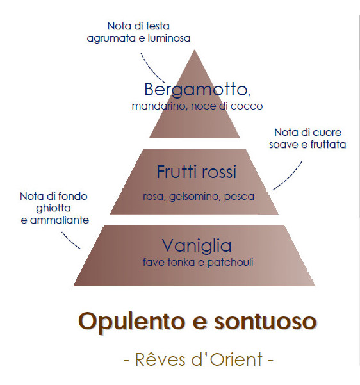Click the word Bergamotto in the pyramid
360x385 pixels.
tap(196, 90)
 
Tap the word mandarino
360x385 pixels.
tap(158, 106)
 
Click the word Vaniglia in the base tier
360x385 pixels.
tap(197, 245)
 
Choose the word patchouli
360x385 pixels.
tap(230, 262)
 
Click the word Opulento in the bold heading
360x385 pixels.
tap(131, 322)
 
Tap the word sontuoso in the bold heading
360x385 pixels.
tap(265, 322)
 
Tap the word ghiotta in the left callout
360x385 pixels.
tap(53, 208)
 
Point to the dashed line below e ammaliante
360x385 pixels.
tap(70, 241)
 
